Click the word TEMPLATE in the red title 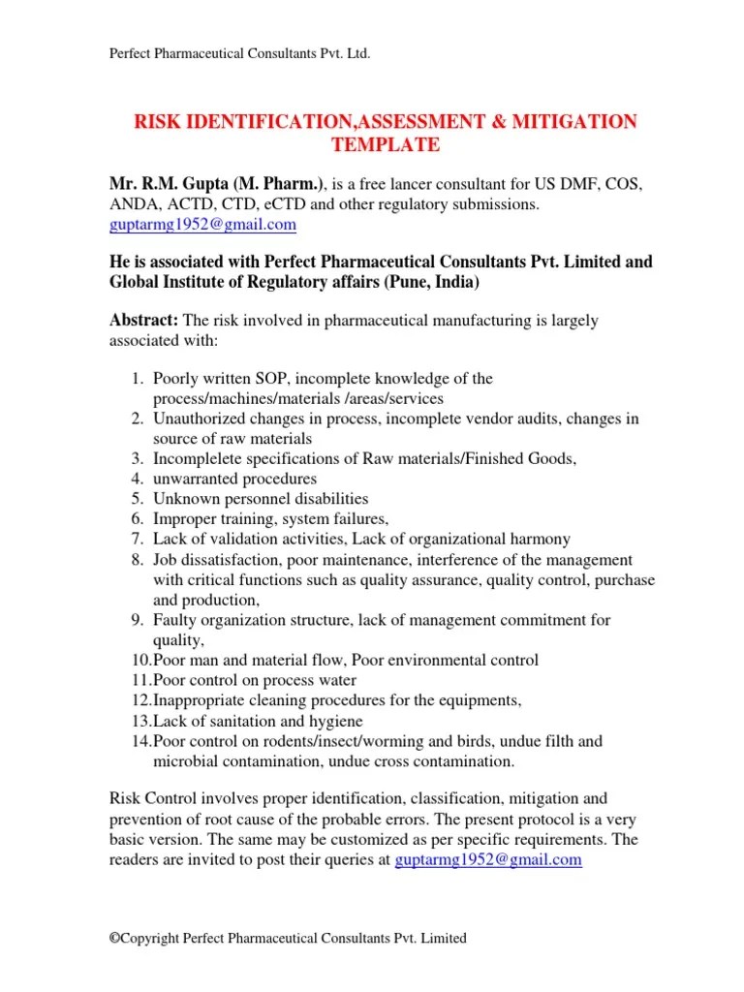click(x=386, y=146)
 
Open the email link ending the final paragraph click(x=489, y=859)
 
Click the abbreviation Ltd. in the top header click(x=356, y=53)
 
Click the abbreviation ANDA click(x=132, y=204)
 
